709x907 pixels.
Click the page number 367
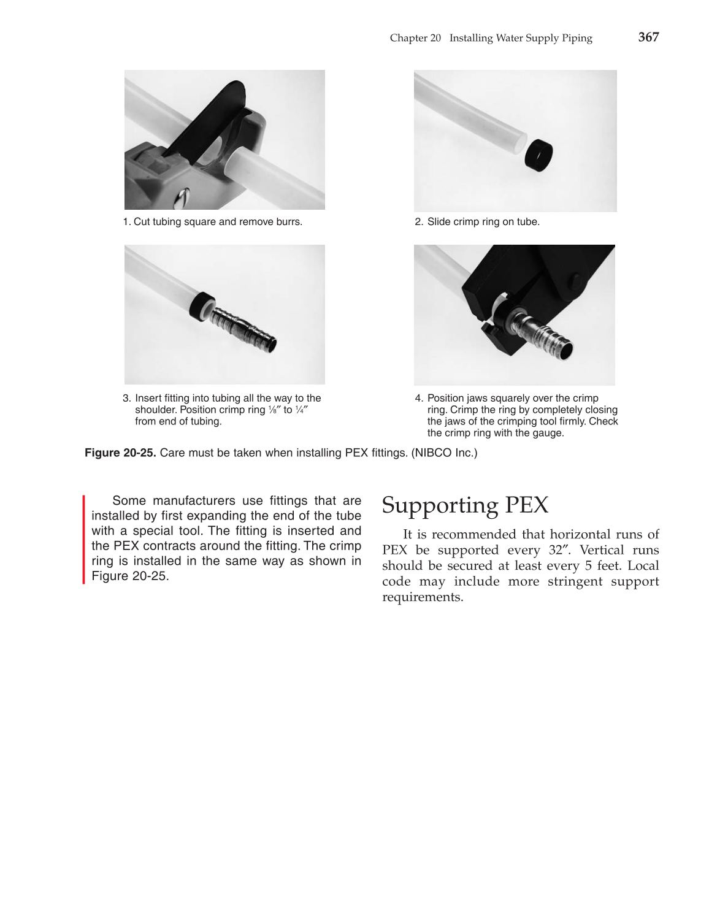[x=648, y=37]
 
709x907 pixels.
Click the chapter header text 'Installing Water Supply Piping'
[x=520, y=38]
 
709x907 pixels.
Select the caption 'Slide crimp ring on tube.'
[x=483, y=222]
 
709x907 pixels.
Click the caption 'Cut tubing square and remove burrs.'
[x=218, y=222]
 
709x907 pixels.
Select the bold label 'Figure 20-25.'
[x=120, y=453]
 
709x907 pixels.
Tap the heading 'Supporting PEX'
[x=465, y=505]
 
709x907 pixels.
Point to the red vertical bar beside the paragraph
[x=84, y=540]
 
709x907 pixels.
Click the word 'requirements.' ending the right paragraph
[x=422, y=597]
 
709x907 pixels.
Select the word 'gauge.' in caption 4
[x=548, y=433]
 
